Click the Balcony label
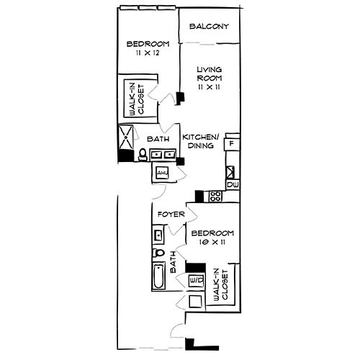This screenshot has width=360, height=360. coord(209,27)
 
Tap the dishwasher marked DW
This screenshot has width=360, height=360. coord(233,185)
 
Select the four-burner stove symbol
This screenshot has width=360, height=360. coord(214,196)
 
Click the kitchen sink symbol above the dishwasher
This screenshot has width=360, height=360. coord(231,172)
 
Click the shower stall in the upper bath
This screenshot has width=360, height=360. coord(127,136)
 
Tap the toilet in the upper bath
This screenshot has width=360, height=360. coord(143,154)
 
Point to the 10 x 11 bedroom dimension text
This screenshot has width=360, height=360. coord(211,244)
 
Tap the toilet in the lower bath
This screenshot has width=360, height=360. coord(159,253)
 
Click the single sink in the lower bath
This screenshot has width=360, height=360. coord(158,234)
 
